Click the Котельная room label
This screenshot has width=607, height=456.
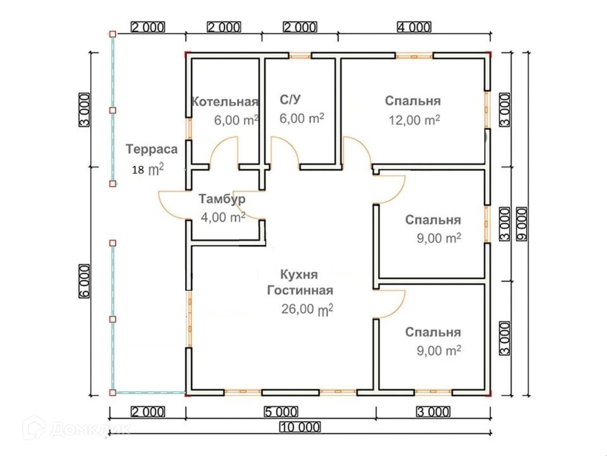click(224, 102)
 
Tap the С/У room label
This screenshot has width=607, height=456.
click(290, 99)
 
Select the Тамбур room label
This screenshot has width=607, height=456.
click(222, 199)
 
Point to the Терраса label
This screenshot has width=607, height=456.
click(152, 149)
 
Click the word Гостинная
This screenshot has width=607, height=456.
click(300, 290)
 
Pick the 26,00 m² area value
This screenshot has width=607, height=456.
click(307, 309)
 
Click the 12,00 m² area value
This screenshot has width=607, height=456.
click(414, 120)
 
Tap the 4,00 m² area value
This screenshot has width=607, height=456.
click(223, 218)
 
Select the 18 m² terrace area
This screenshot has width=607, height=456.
click(148, 169)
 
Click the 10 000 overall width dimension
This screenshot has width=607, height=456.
click(300, 427)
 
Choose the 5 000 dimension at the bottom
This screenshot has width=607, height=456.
click(281, 412)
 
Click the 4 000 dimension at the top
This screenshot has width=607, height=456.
click(414, 27)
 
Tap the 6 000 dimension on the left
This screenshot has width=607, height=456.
click(84, 281)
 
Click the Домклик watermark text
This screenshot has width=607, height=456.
click(90, 429)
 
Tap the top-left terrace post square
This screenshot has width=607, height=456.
click(112, 34)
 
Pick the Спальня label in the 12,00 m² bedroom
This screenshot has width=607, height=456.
click(413, 101)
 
